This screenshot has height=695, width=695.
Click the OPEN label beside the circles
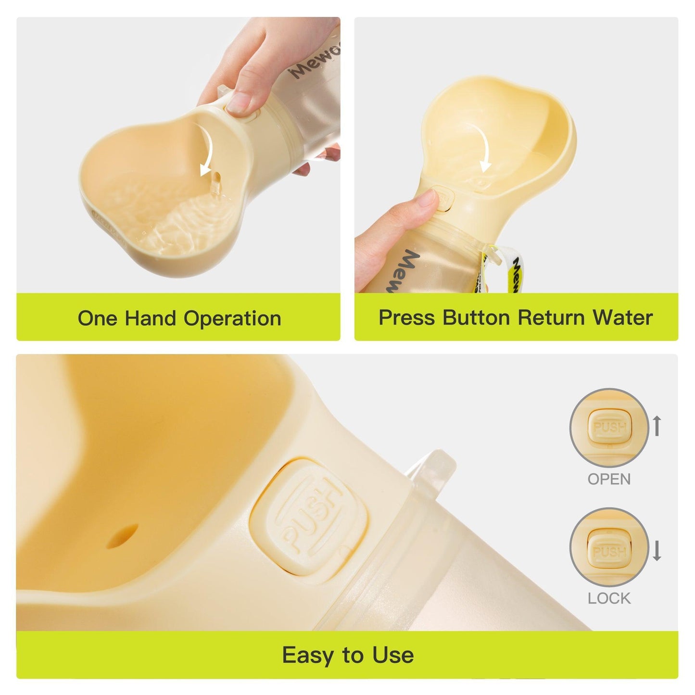[609, 479]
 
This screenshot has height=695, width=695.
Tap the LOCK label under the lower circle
[609, 598]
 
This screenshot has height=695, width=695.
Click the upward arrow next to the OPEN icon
[657, 426]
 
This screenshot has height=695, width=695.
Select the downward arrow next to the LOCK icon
[657, 550]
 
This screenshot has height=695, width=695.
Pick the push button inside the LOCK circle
[609, 551]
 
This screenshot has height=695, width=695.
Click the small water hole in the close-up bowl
[123, 536]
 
